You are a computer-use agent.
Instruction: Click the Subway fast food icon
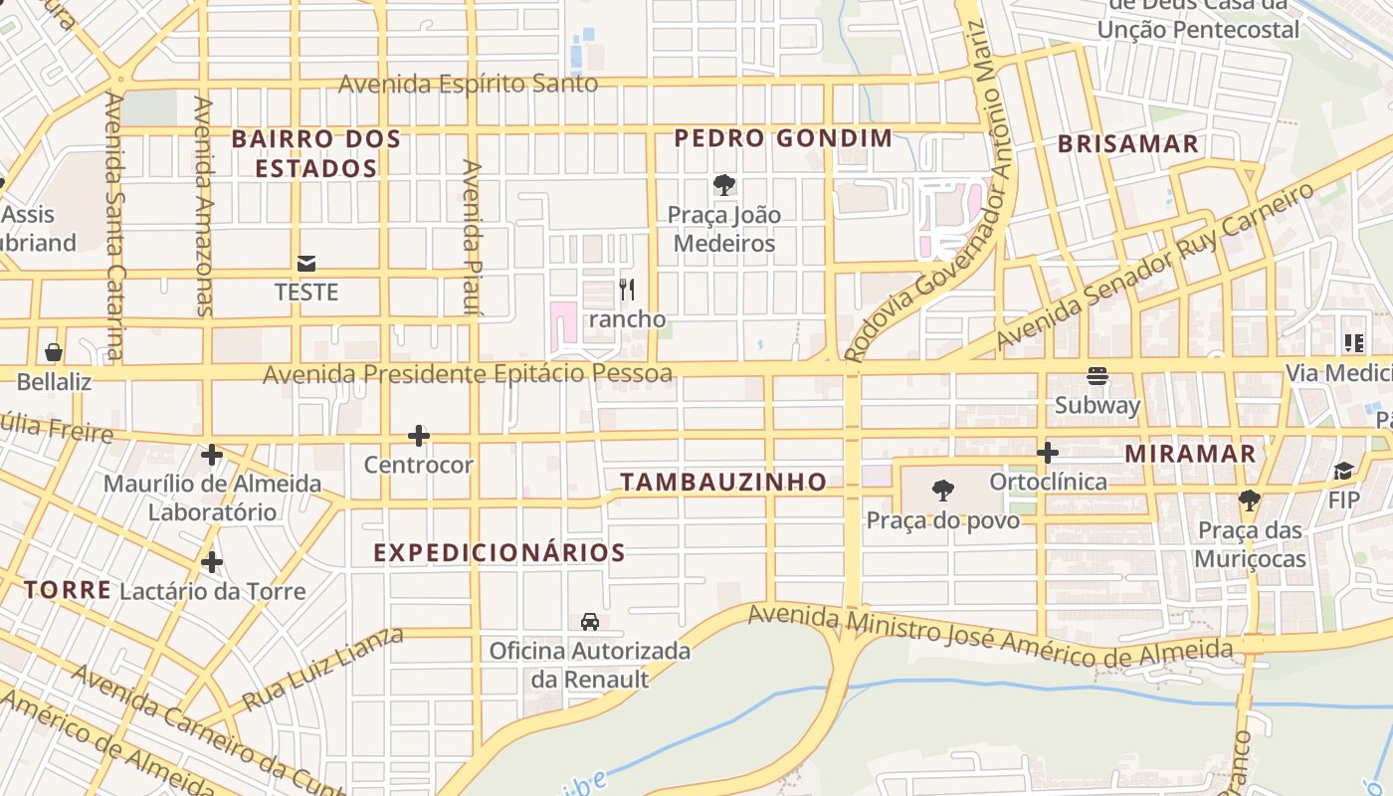click(x=1097, y=376)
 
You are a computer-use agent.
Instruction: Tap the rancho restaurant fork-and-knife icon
click(x=627, y=290)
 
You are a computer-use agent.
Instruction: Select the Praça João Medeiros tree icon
click(x=724, y=184)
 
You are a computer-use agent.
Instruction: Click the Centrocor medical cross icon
click(x=419, y=436)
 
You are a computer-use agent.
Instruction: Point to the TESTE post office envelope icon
click(x=306, y=264)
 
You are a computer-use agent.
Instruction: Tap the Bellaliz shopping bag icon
click(x=54, y=352)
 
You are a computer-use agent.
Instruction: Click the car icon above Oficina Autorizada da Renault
click(x=589, y=622)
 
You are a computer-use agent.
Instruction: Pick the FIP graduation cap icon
click(x=1343, y=471)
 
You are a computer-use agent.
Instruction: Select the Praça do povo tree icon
click(x=942, y=491)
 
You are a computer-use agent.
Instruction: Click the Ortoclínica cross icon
click(x=1047, y=453)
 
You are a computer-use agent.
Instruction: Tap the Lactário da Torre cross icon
click(x=211, y=562)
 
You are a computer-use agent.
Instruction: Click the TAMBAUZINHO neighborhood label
click(x=723, y=483)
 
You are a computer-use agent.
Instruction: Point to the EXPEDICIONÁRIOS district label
click(x=499, y=553)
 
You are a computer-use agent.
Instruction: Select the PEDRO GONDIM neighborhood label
click(x=783, y=138)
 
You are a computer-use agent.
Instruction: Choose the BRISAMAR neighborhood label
click(x=1128, y=144)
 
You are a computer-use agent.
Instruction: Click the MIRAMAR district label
click(x=1190, y=454)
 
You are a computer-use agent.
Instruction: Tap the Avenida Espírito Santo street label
click(x=468, y=84)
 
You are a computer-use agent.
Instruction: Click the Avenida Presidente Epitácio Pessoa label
click(x=468, y=374)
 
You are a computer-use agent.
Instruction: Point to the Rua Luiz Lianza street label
click(x=322, y=669)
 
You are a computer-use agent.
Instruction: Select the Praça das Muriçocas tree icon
click(x=1250, y=500)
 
